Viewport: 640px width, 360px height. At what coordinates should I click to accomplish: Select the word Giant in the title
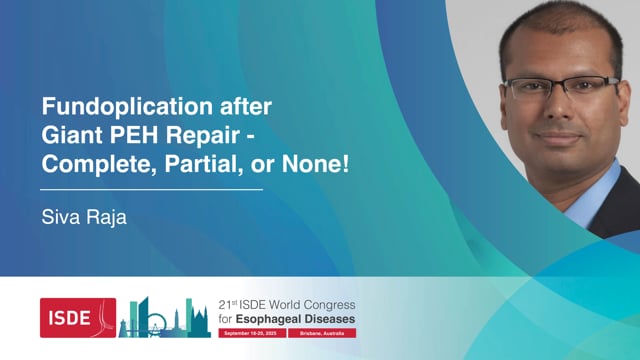pos(70,132)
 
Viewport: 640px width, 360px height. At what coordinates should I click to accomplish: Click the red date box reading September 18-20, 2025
pos(250,332)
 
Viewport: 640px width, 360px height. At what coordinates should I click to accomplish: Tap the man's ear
pos(497,101)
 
